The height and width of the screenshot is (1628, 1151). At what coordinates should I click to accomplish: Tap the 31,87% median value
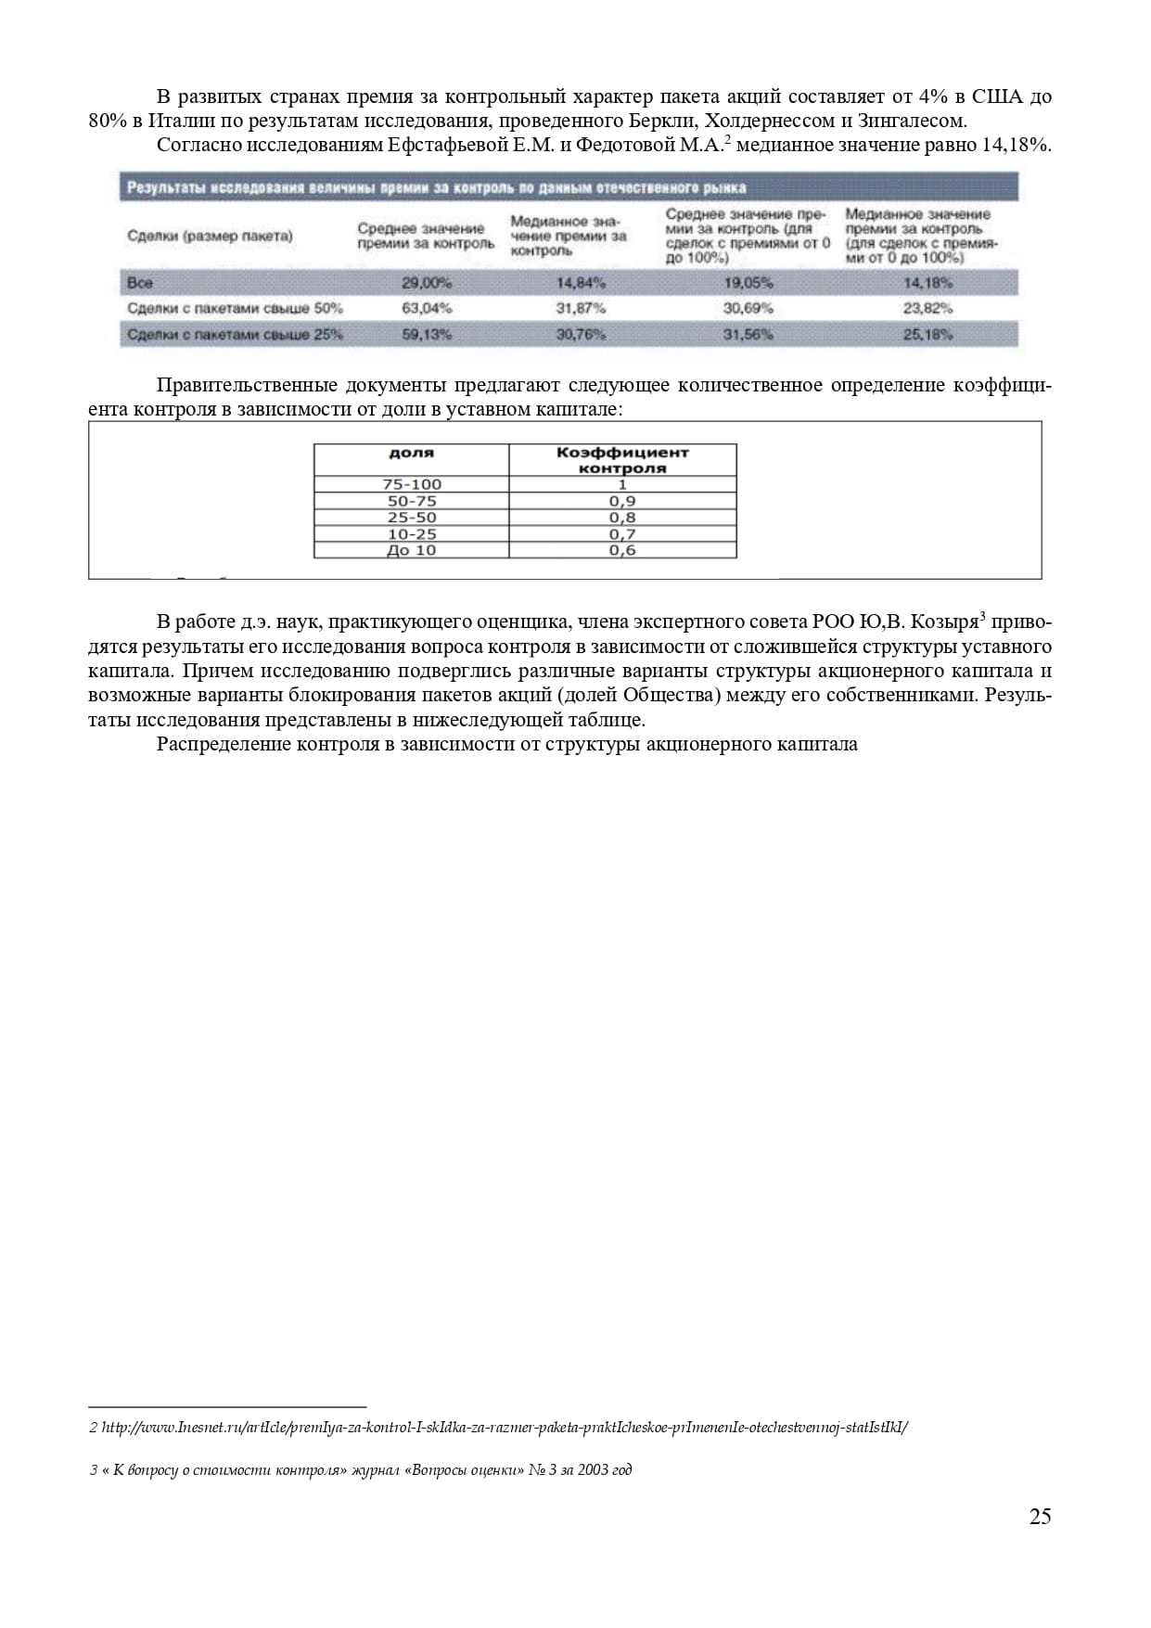(x=581, y=308)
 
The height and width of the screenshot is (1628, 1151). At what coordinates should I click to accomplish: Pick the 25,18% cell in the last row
(x=927, y=334)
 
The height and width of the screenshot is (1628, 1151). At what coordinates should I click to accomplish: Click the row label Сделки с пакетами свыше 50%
(x=235, y=308)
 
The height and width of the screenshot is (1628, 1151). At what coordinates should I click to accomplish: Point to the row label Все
(x=140, y=283)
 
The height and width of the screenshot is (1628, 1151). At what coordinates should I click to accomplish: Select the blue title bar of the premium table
(x=568, y=188)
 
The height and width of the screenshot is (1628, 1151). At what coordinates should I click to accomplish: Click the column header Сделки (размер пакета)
(x=210, y=236)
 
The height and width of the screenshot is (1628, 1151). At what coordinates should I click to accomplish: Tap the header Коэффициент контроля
(x=622, y=460)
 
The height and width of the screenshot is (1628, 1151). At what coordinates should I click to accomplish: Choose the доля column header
(x=411, y=453)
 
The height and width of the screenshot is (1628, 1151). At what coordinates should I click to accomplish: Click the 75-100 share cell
(x=412, y=484)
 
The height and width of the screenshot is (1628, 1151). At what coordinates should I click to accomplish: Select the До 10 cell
(x=412, y=550)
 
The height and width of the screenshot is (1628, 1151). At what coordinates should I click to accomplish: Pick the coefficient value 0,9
(x=622, y=501)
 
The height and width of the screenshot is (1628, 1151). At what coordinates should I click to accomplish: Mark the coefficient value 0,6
(x=622, y=550)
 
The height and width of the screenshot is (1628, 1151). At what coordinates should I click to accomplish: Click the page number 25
(x=1040, y=1516)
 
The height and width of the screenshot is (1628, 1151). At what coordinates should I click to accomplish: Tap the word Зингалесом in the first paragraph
(x=911, y=121)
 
